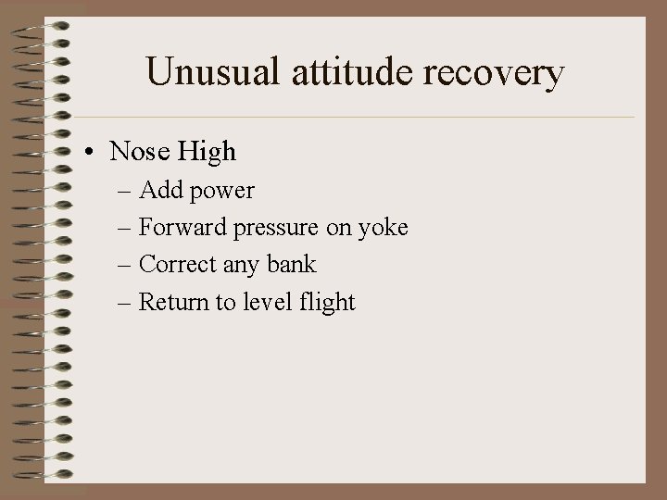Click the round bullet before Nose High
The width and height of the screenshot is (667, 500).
tap(94, 151)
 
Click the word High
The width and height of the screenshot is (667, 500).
tap(208, 150)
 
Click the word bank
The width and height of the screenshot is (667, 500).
tap(291, 265)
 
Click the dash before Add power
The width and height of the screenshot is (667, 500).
tap(124, 192)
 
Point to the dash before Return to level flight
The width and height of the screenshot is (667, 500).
tap(124, 303)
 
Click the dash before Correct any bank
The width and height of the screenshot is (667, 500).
tap(124, 266)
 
